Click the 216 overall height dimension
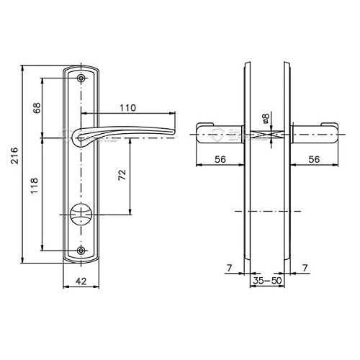(15, 156)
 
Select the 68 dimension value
(37, 108)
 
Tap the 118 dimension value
(35, 186)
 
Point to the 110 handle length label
(128, 108)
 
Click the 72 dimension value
(122, 175)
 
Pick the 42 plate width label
(81, 281)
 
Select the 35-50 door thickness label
(267, 280)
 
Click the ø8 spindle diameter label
(266, 119)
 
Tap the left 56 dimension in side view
(220, 159)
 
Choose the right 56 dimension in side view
(314, 159)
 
